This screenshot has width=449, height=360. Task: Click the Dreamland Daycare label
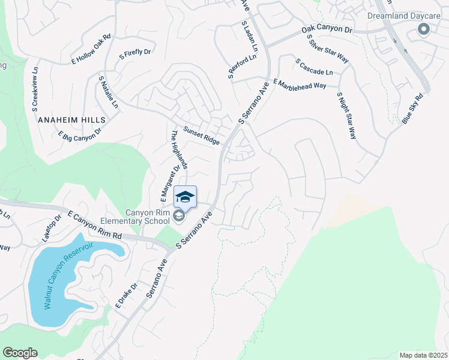[402, 15]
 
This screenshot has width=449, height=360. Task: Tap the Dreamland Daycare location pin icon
[424, 29]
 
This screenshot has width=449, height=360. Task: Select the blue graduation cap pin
[185, 197]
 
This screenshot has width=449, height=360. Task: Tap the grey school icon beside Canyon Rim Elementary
[178, 216]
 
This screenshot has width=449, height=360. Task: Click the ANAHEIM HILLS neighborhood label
[71, 120]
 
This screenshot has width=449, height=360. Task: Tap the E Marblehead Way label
[300, 84]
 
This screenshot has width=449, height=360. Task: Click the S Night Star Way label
[346, 116]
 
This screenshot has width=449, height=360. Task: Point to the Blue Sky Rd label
[412, 109]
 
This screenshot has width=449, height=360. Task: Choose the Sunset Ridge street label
[202, 136]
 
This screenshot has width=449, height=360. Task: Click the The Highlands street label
[179, 149]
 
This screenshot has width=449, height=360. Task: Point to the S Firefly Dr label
[135, 53]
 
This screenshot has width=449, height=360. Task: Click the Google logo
[20, 353]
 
